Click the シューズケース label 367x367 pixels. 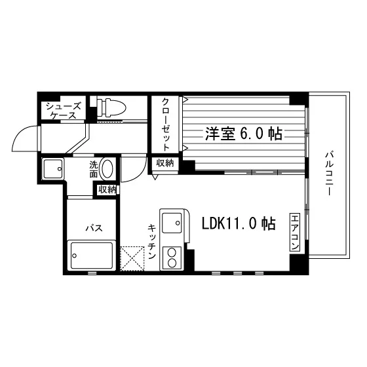point(64,111)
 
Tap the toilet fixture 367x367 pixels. point(111,107)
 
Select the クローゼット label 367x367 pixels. point(166,125)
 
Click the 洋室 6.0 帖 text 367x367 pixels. point(244,134)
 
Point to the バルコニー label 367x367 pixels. point(329,174)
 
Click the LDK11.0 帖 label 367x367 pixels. point(239,223)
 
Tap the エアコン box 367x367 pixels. point(295,232)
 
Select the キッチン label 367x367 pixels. point(152,242)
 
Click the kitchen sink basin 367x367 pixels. point(172,223)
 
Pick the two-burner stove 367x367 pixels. point(172,258)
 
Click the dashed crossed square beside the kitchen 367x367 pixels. point(132,259)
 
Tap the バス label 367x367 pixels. point(94,227)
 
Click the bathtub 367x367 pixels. point(92,256)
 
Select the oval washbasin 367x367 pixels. point(107,168)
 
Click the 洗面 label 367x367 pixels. point(93,170)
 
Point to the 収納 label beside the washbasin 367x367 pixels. point(107,189)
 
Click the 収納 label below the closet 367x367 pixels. point(165,163)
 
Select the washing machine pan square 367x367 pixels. point(53,169)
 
